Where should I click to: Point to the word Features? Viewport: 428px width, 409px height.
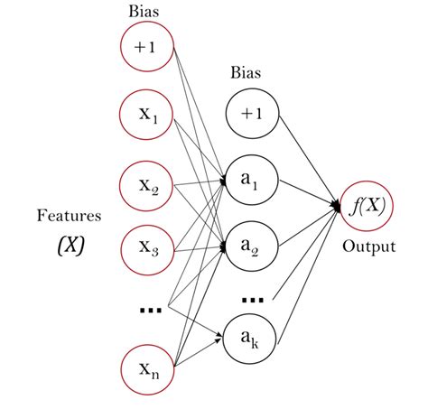68,216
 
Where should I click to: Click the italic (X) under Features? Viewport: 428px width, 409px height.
68,246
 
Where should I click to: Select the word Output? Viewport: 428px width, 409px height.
368,246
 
